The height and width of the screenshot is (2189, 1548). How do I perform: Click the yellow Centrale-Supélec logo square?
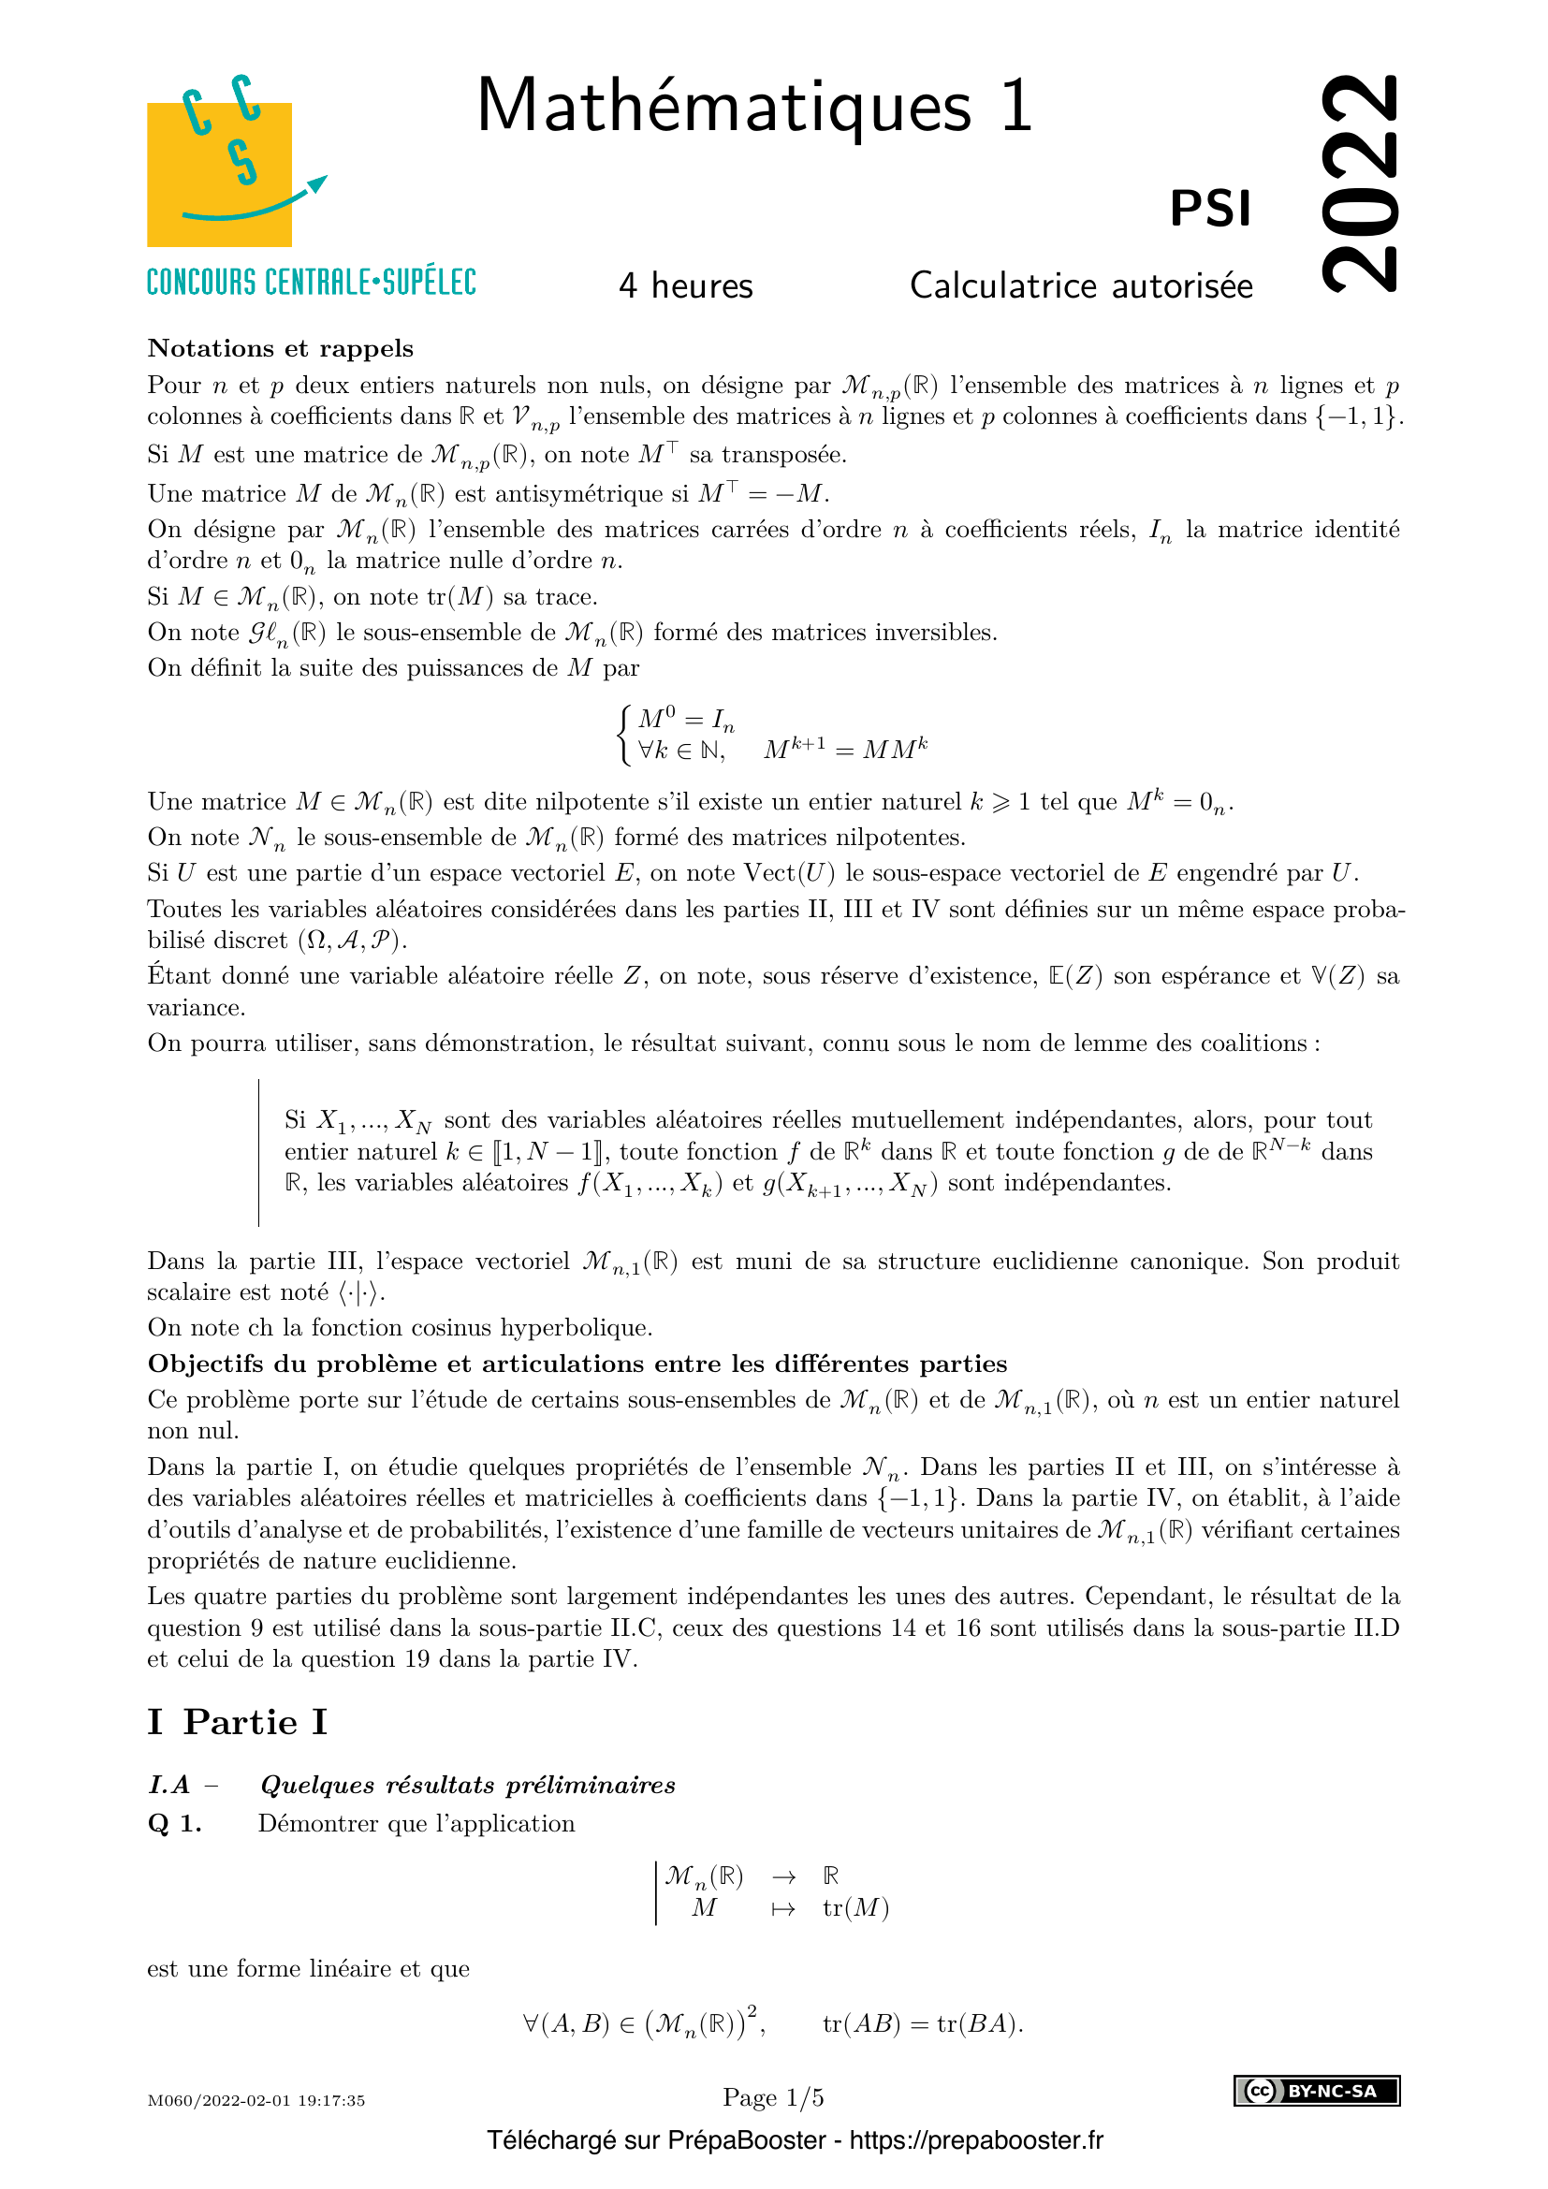click(219, 174)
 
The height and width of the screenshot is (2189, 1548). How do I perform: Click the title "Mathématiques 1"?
click(754, 106)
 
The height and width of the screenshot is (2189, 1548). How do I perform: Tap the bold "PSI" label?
click(1209, 209)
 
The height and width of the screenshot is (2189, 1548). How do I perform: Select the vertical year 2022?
click(1360, 182)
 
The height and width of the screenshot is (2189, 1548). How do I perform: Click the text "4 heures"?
click(685, 286)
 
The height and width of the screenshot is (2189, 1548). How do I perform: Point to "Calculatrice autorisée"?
click(1081, 286)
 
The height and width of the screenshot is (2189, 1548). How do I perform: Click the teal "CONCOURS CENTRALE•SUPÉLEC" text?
click(311, 283)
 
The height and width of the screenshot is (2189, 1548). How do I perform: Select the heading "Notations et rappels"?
click(280, 348)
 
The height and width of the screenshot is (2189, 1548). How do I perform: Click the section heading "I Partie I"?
click(238, 1722)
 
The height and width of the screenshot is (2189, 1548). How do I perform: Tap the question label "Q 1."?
click(174, 1823)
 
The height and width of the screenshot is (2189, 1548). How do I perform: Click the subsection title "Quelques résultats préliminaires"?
click(468, 1785)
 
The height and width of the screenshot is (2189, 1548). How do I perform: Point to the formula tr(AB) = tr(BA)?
click(922, 2023)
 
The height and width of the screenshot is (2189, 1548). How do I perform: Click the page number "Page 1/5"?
click(773, 2097)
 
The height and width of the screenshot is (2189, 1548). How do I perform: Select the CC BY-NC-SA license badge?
click(1317, 2091)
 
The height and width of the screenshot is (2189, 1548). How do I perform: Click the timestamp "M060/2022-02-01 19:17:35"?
click(256, 2100)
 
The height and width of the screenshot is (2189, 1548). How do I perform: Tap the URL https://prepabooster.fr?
click(976, 2140)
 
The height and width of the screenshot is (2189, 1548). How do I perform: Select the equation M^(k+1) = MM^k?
click(845, 750)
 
